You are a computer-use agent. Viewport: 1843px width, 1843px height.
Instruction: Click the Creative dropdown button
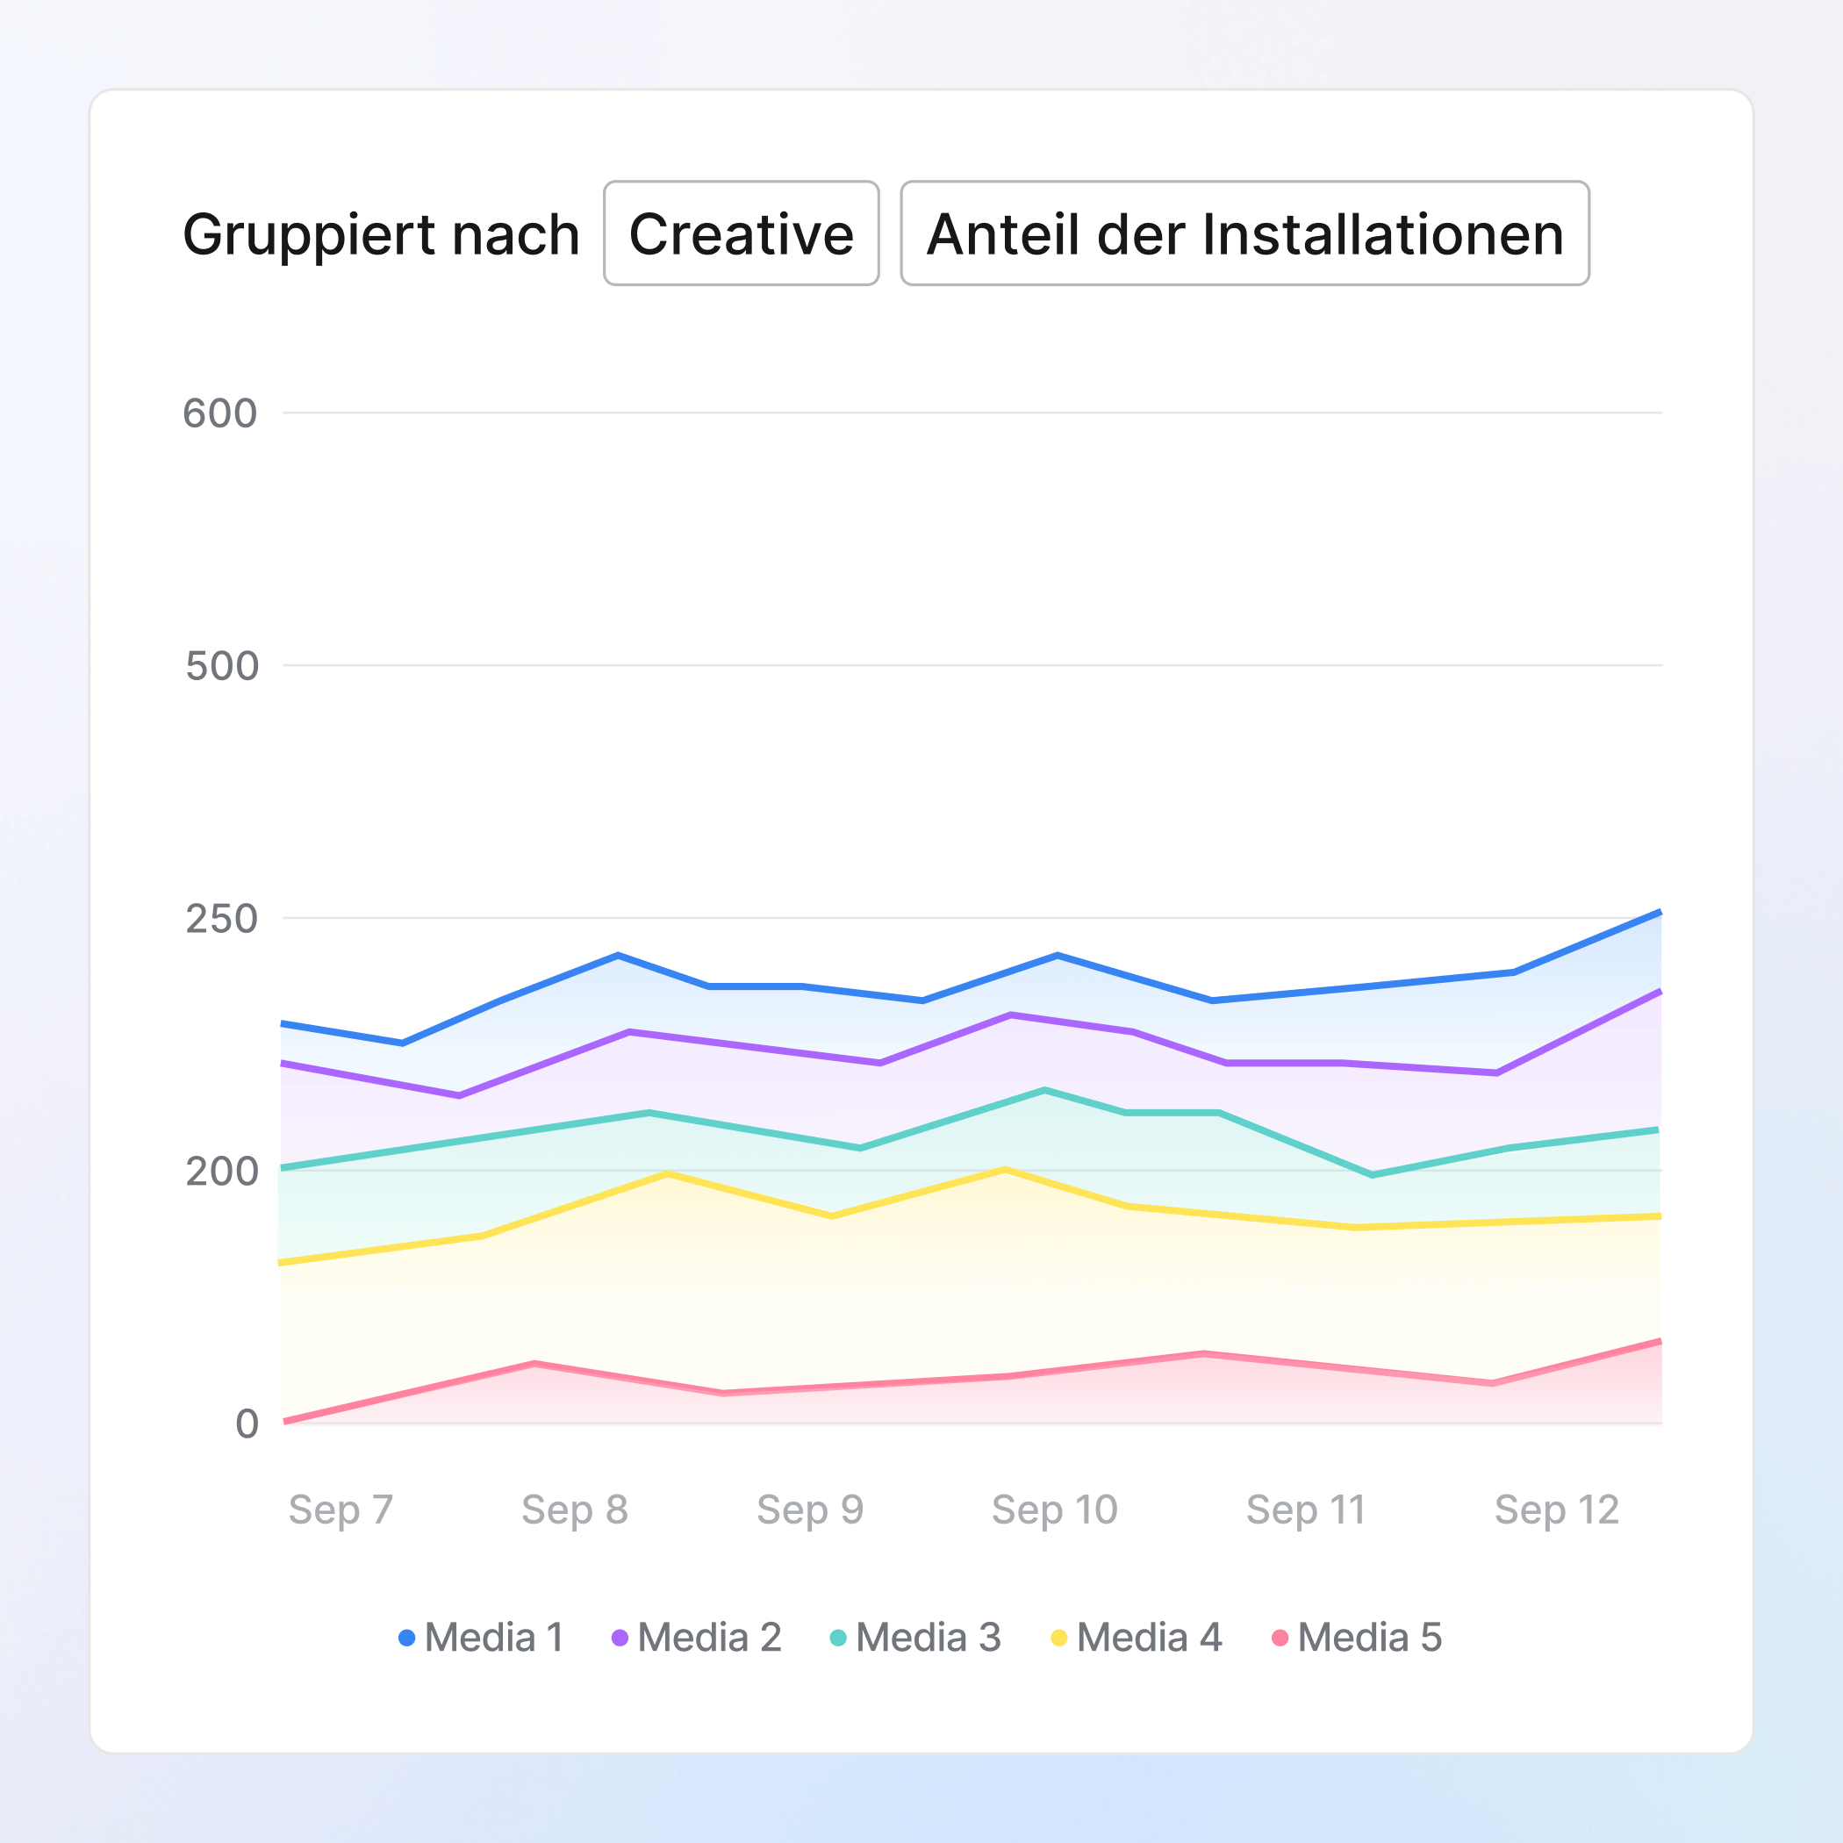click(x=742, y=233)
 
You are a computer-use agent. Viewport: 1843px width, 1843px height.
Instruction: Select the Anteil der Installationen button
click(x=1244, y=233)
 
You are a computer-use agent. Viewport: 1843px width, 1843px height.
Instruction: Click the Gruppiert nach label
click(x=381, y=234)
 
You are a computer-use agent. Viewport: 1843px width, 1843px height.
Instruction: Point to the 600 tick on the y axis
click(x=220, y=414)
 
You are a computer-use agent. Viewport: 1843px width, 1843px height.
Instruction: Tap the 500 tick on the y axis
click(x=222, y=666)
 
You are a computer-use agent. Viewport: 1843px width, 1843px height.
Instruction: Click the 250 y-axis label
click(x=222, y=919)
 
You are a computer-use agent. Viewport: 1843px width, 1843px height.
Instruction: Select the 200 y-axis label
click(x=222, y=1172)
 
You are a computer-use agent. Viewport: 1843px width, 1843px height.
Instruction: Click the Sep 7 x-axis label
click(x=341, y=1510)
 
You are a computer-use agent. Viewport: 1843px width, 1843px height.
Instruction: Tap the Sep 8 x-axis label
click(x=574, y=1510)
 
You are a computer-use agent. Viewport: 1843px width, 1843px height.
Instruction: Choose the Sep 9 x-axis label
click(x=810, y=1510)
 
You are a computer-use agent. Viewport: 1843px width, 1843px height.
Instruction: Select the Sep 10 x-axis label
click(x=1054, y=1510)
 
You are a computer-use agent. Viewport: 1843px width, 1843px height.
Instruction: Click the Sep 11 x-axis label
click(x=1305, y=1510)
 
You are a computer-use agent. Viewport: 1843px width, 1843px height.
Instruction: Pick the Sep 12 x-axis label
click(x=1557, y=1510)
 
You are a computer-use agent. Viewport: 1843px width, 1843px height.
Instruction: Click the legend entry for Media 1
click(x=482, y=1638)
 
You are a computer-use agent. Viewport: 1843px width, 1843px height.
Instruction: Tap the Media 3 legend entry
click(x=915, y=1638)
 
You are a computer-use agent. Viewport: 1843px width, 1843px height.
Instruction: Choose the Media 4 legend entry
click(x=1137, y=1638)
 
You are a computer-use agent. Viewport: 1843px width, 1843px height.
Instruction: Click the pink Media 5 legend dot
click(x=1280, y=1638)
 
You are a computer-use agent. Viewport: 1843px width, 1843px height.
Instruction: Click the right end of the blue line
click(x=1660, y=913)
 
